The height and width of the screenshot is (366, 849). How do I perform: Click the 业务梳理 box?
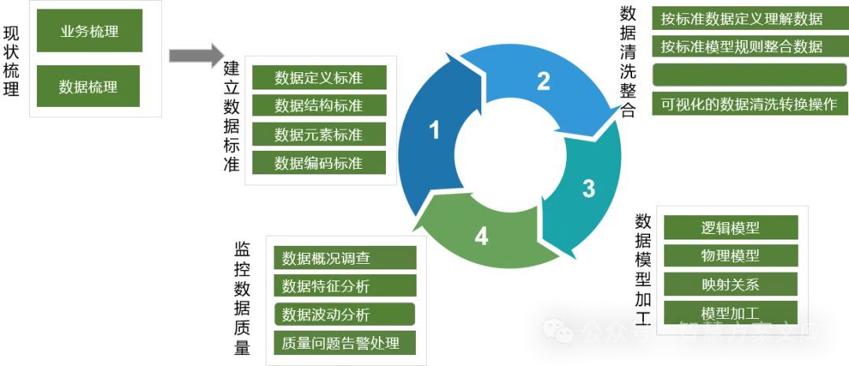pyautogui.click(x=89, y=31)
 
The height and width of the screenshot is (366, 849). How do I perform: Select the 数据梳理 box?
pyautogui.click(x=88, y=86)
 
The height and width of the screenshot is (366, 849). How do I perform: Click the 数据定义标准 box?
pyautogui.click(x=319, y=78)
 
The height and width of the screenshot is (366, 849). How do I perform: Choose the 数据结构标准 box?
pyautogui.click(x=319, y=105)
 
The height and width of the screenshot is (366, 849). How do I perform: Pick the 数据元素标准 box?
pyautogui.click(x=319, y=134)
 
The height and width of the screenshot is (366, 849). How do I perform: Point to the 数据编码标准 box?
pyautogui.click(x=319, y=163)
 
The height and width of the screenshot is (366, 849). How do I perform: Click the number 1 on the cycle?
pyautogui.click(x=434, y=130)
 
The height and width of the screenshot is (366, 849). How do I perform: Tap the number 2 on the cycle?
pyautogui.click(x=543, y=80)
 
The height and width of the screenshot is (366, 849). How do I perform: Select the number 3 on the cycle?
pyautogui.click(x=589, y=188)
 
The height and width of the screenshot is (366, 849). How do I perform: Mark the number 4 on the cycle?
pyautogui.click(x=481, y=236)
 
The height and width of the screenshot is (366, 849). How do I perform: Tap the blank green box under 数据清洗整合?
pyautogui.click(x=749, y=75)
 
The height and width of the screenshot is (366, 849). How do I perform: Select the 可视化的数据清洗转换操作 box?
pyautogui.click(x=749, y=104)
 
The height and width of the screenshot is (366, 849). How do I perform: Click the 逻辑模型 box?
pyautogui.click(x=730, y=228)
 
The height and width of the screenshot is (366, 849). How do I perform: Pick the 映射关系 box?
pyautogui.click(x=730, y=284)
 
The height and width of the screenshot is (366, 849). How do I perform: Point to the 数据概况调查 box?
pyautogui.click(x=344, y=258)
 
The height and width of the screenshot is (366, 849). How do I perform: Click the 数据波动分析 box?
pyautogui.click(x=344, y=315)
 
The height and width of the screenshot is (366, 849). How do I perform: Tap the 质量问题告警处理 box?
pyautogui.click(x=344, y=343)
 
